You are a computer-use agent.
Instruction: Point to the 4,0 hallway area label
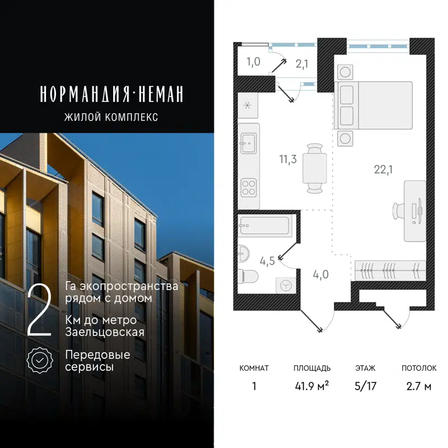pyautogui.click(x=321, y=274)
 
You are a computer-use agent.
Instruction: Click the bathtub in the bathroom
pyautogui.click(x=263, y=227)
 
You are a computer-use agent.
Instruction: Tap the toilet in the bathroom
pyautogui.click(x=246, y=277)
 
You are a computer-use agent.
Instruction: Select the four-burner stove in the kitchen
pyautogui.click(x=249, y=186)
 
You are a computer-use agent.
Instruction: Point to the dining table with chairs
pyautogui.click(x=314, y=167)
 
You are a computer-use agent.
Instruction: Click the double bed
pyautogui.click(x=374, y=105)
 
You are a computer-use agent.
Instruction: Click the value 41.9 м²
pyautogui.click(x=311, y=386)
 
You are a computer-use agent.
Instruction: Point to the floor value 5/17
pyautogui.click(x=365, y=386)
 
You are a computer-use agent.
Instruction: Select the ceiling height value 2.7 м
pyautogui.click(x=418, y=386)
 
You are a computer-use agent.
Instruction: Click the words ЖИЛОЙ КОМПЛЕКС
pyautogui.click(x=111, y=117)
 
